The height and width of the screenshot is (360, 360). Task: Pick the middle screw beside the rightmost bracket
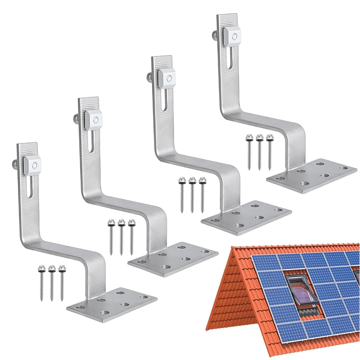point(259,151)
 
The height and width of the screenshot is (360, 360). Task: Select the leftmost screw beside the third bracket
point(182,194)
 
